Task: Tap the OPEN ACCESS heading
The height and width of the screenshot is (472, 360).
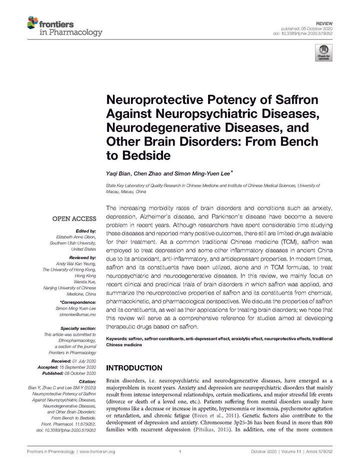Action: [74, 219]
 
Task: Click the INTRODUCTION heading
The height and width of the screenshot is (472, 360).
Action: [134, 368]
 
